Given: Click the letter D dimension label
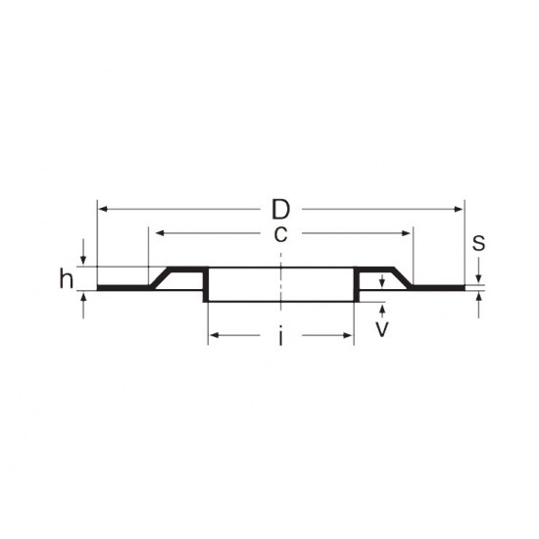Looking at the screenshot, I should (280, 210).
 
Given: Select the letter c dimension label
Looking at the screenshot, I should (280, 234).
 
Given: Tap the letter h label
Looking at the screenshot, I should (66, 279).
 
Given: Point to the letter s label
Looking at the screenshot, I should (478, 243).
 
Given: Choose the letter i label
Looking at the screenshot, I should (280, 338).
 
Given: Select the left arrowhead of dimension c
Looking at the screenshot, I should (154, 233).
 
